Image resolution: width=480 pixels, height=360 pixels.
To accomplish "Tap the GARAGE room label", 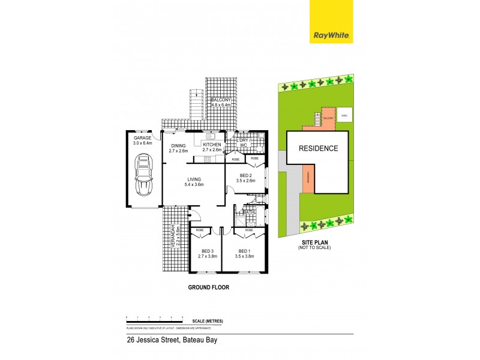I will [x=143, y=137].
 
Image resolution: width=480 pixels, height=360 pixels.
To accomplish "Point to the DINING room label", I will [x=179, y=145].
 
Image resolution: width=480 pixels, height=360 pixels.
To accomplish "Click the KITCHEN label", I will [x=212, y=145].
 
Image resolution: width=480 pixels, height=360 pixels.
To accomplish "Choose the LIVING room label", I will [x=193, y=179].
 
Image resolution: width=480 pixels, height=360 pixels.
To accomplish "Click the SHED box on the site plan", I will [x=344, y=115].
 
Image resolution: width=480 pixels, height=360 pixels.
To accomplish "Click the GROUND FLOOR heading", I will [x=208, y=287].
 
